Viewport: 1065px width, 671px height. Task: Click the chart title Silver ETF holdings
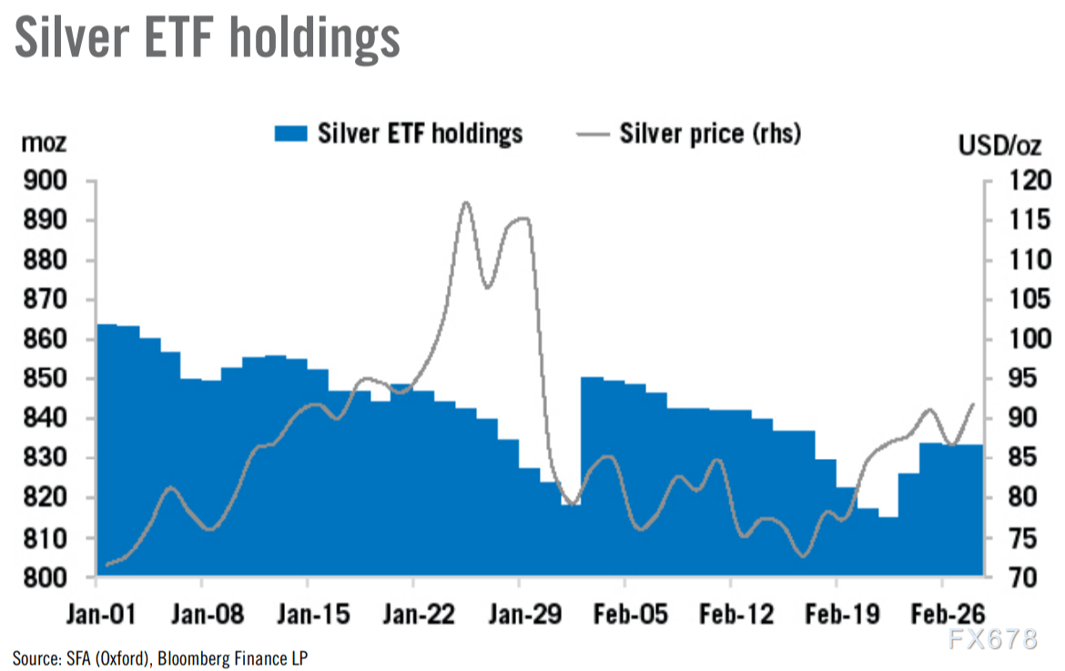[208, 38]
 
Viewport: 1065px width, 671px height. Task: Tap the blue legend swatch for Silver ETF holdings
[291, 134]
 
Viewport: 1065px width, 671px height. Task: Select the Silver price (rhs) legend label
[710, 134]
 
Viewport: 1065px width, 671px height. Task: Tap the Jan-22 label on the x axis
[414, 615]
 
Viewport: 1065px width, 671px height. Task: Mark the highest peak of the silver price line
[466, 202]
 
